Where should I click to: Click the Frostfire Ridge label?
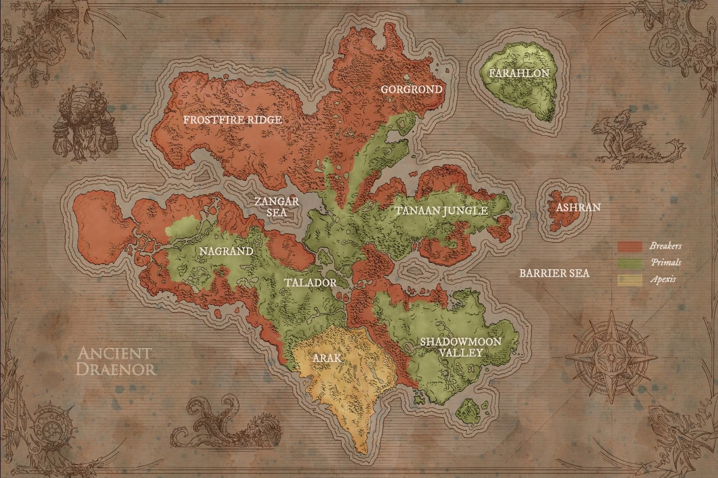point(232,119)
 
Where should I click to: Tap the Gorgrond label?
point(411,89)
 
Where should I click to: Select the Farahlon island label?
point(519,73)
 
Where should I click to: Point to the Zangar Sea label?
point(277,206)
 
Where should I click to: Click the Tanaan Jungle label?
point(441,210)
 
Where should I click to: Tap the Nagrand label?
point(226,251)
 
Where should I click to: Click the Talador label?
point(310,282)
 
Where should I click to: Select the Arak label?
point(327,358)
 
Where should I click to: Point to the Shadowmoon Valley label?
point(460,347)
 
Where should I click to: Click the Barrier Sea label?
point(554,273)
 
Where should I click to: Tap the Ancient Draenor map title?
point(116,361)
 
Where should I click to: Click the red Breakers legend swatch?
point(629,247)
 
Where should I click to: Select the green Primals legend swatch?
point(629,263)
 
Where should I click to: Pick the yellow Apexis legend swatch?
point(629,280)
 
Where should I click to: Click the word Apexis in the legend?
point(663,279)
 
